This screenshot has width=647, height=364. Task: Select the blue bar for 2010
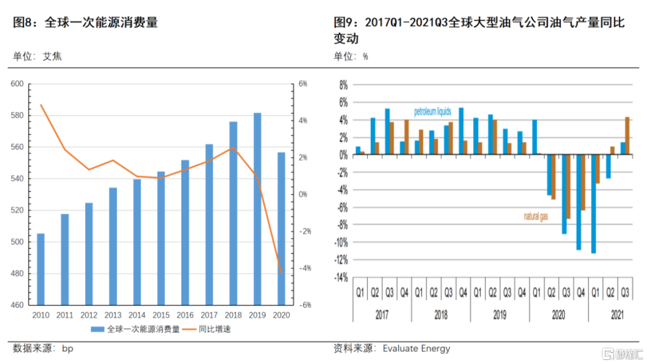[x=41, y=269]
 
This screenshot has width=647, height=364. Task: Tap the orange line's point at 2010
[x=41, y=105]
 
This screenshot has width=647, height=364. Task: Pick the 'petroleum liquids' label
[x=433, y=112]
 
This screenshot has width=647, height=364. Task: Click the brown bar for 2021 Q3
[x=627, y=136]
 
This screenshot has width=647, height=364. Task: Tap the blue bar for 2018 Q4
[x=461, y=132]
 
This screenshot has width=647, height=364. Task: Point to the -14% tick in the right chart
[x=340, y=278]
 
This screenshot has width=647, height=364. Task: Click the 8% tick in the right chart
[x=343, y=85]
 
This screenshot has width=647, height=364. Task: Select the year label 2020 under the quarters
[x=558, y=314]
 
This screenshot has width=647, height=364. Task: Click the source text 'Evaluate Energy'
[x=416, y=348]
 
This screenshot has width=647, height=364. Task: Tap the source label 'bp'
[x=68, y=348]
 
